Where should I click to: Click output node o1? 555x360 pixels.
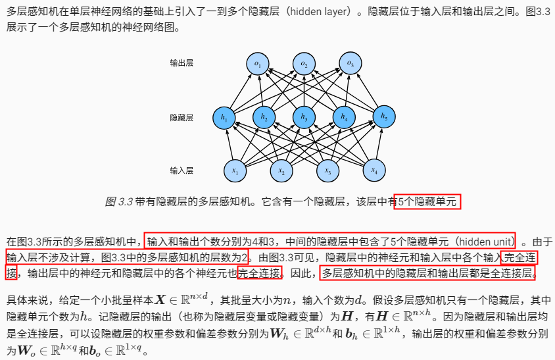tap(258, 64)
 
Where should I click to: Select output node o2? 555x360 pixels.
tap(304, 64)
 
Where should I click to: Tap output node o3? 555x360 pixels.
tap(350, 64)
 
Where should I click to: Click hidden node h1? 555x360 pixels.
tap(224, 118)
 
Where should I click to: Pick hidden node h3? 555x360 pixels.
tap(304, 118)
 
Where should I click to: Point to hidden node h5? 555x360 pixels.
tap(383, 118)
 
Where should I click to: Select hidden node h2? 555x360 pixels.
tap(264, 118)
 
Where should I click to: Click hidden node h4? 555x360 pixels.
tap(343, 118)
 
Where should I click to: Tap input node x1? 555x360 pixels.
tap(235, 170)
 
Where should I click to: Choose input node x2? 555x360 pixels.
tap(281, 170)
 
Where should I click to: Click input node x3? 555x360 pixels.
tap(327, 170)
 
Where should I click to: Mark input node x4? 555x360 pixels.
tap(374, 170)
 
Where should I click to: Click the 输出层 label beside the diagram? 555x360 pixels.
tap(181, 63)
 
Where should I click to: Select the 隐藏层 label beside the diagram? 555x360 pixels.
tap(181, 117)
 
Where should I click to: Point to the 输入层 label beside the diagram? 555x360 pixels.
tap(181, 170)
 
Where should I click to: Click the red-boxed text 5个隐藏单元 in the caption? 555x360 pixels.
tap(427, 202)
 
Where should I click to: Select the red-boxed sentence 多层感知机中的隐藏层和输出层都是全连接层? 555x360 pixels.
tap(428, 272)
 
